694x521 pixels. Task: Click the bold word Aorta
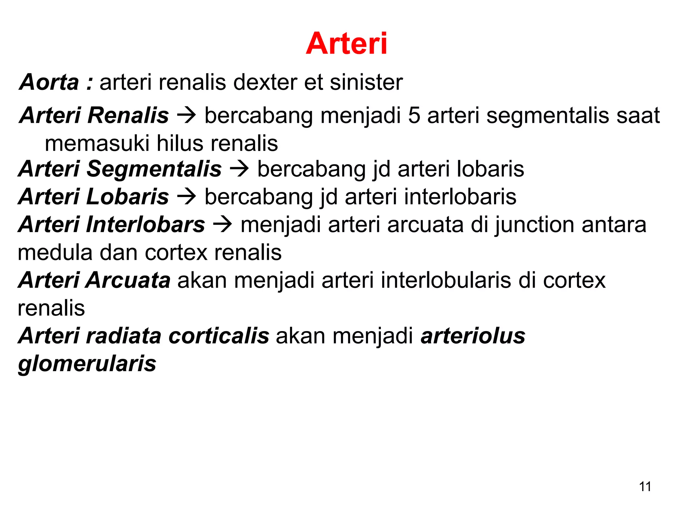49,82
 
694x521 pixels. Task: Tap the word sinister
366,82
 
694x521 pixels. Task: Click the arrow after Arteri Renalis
186,115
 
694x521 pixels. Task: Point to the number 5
414,115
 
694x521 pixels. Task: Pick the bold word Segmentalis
154,169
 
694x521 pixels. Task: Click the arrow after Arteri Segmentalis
239,169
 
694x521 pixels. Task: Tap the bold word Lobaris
127,197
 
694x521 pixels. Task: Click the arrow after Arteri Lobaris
186,197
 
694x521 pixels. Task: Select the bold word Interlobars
146,225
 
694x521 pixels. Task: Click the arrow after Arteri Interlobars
222,225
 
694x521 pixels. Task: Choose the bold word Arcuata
128,281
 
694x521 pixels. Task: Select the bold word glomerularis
87,364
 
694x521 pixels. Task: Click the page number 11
645,487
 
